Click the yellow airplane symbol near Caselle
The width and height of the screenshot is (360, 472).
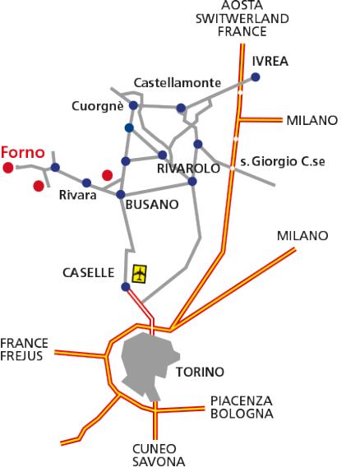point(140,274)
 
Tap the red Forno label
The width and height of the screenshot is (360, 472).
point(23,152)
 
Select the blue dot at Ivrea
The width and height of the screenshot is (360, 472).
point(256,77)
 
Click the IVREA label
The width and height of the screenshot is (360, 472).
point(270,61)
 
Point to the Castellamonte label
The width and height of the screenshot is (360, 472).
point(178,83)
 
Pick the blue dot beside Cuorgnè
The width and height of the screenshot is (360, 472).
point(133,105)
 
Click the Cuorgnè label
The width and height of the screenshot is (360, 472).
point(98,106)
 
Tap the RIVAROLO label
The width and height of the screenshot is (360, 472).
point(188,169)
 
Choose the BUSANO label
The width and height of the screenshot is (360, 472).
point(152,205)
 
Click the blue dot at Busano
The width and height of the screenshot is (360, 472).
point(120,194)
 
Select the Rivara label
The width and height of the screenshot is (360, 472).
point(77,195)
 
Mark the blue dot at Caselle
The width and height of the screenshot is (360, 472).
point(126,287)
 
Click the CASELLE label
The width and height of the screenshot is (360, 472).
point(89,273)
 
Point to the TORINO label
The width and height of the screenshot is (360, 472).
point(201,372)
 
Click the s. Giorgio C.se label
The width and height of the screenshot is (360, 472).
point(283,162)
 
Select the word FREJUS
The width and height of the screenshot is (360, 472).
point(21,356)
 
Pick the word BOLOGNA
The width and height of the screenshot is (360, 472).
point(242,414)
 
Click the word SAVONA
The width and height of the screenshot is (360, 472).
point(159,462)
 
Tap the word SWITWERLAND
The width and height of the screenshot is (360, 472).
point(242,19)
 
